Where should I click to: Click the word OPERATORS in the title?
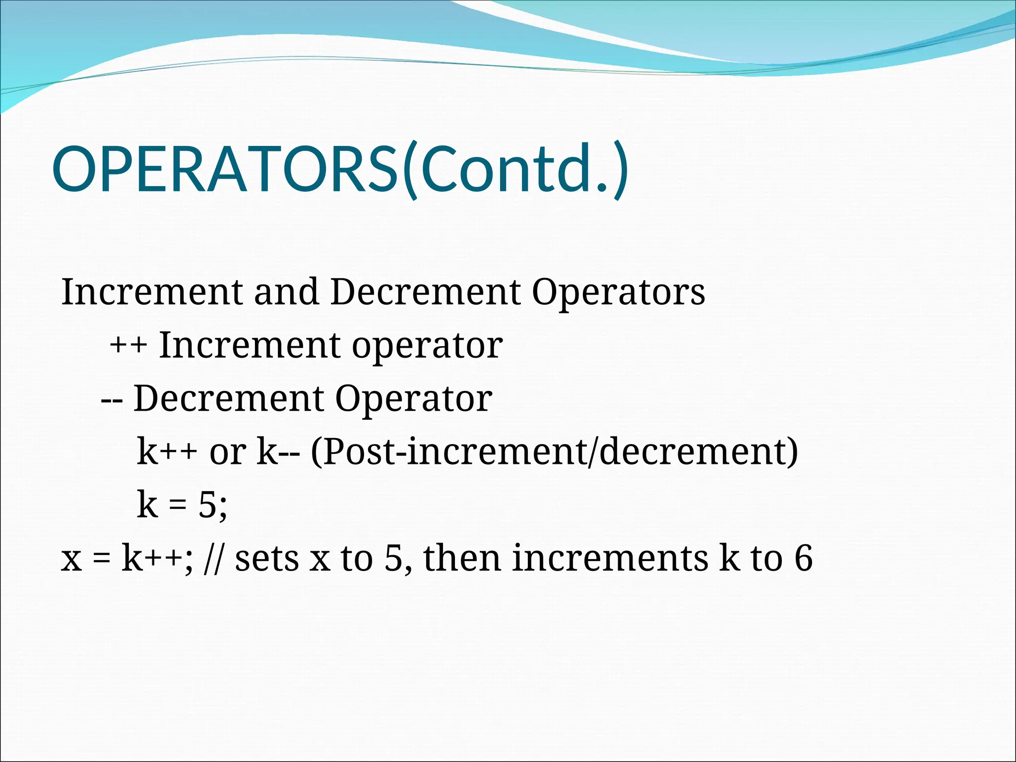click(226, 169)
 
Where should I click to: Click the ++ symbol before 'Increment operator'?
click(128, 345)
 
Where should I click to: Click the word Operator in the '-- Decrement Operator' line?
click(413, 399)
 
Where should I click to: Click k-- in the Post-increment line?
click(278, 452)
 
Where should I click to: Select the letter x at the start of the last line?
click(71, 560)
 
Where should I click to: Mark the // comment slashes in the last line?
click(213, 559)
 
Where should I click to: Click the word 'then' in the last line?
click(462, 559)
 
